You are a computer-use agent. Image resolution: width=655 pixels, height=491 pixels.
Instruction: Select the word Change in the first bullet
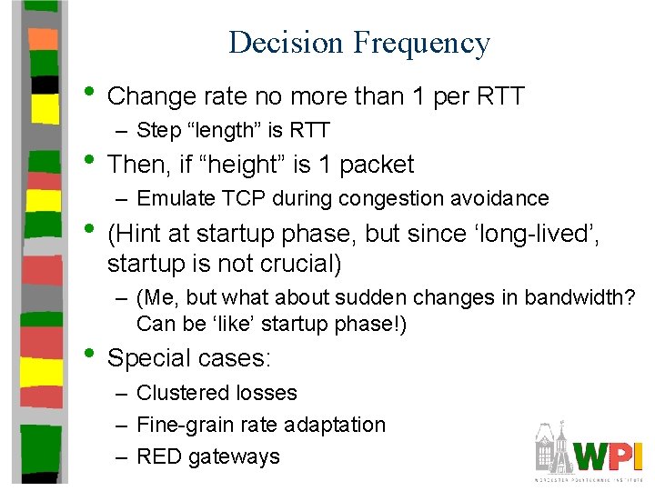tap(151, 96)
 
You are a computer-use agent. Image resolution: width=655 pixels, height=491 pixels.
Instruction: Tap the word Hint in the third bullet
tap(139, 234)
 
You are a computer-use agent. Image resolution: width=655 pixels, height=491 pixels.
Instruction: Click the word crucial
tap(297, 264)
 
